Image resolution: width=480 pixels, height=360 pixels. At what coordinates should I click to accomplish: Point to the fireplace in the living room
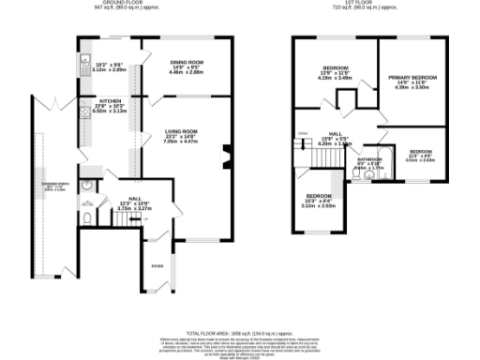pyautogui.click(x=225, y=157)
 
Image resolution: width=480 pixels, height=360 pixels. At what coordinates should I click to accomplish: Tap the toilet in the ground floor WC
pyautogui.click(x=85, y=218)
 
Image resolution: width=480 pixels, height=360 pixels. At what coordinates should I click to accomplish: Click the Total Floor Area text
pyautogui.click(x=240, y=334)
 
